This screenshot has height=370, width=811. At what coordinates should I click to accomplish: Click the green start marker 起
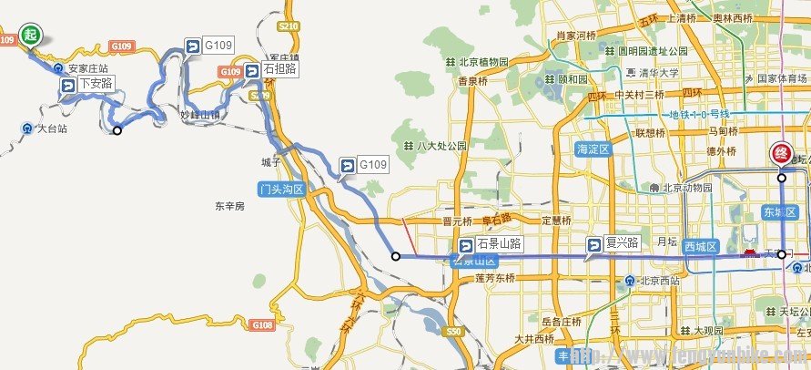[x=31, y=36]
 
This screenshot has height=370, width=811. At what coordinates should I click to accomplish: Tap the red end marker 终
[x=781, y=154]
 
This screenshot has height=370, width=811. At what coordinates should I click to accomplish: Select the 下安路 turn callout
[x=87, y=84]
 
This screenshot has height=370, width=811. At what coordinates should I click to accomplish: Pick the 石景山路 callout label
[x=491, y=244]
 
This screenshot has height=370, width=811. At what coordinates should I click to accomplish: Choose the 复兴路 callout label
[x=613, y=244]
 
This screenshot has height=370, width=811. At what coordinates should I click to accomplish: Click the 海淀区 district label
[x=593, y=148]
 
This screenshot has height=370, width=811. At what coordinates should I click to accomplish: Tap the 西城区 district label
[x=702, y=247]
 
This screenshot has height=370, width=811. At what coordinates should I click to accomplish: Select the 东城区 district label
[x=779, y=212]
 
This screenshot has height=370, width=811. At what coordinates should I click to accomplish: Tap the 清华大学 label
[x=652, y=73]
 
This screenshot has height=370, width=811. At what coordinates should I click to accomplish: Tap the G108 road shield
[x=262, y=324]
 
